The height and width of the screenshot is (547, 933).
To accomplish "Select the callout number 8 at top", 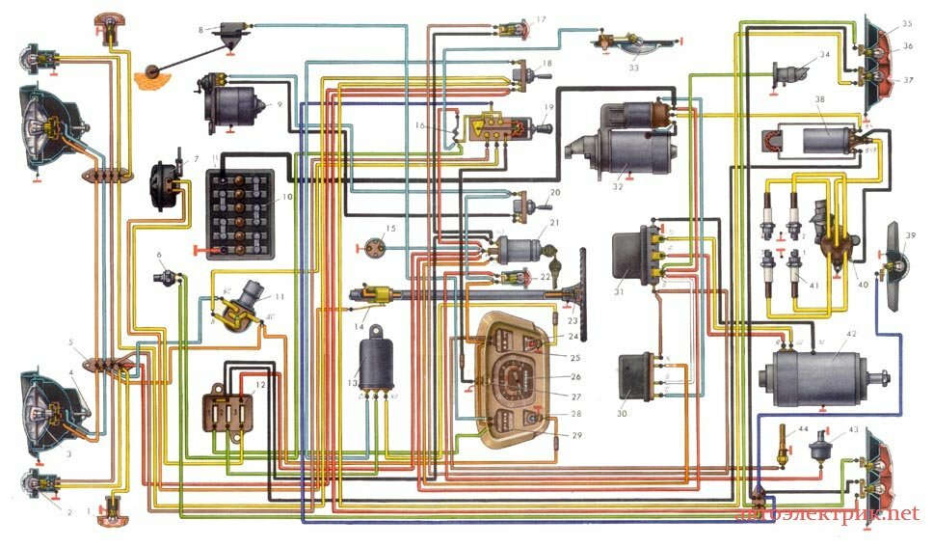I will coord(200,29).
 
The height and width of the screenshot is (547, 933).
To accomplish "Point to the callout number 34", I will coord(824,56).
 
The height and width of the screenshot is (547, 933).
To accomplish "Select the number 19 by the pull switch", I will coord(548,106).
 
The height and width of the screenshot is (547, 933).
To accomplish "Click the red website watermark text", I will coord(827,515).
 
